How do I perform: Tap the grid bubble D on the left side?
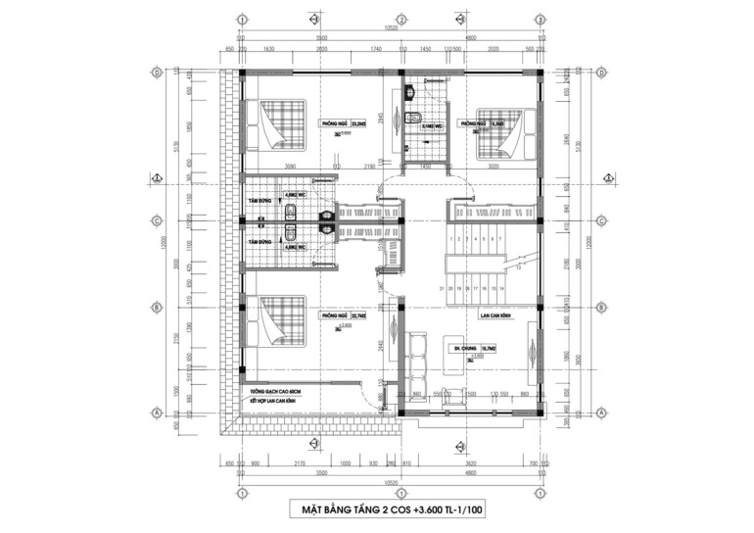156,73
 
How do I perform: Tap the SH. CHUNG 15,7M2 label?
469,347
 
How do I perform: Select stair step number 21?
443,289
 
